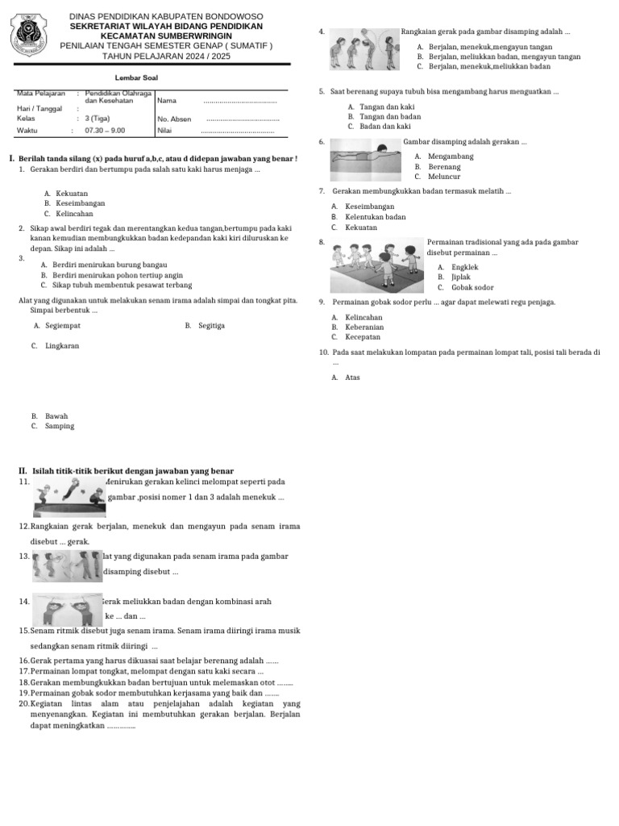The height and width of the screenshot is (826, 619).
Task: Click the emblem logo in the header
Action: tap(33, 37)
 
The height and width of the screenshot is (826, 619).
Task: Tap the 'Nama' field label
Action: tap(167, 101)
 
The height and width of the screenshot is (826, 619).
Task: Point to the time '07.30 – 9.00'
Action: tap(105, 130)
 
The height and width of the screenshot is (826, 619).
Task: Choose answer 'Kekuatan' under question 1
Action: tap(72, 194)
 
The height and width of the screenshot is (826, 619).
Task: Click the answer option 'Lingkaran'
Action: tap(62, 345)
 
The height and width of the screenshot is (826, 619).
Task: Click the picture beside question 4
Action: tap(364, 50)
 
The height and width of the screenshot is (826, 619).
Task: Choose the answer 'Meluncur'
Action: tap(444, 177)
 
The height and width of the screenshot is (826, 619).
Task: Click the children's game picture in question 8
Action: tap(376, 267)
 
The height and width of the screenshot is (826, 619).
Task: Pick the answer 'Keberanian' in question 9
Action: tap(364, 327)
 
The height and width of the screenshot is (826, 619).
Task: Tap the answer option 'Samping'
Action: tap(60, 426)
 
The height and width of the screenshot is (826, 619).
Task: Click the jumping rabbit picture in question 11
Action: tap(69, 496)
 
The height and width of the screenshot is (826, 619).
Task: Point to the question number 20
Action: tap(23, 703)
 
